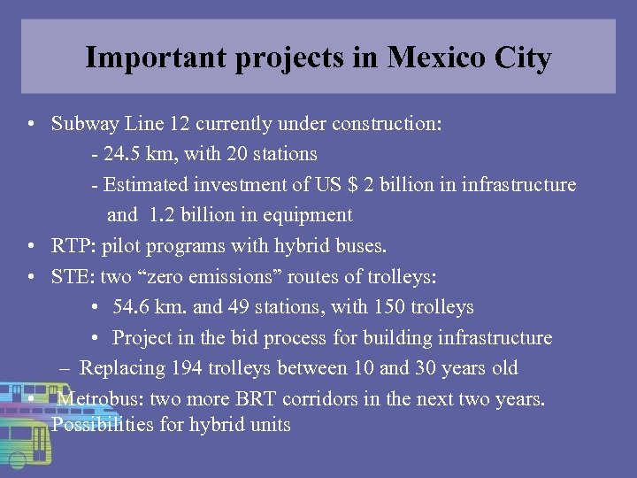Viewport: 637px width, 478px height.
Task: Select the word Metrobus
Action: point(96,398)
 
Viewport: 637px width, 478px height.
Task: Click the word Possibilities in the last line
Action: point(104,425)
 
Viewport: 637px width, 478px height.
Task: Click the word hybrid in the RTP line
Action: point(317,245)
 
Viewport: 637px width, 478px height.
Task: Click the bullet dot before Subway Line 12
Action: point(32,125)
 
